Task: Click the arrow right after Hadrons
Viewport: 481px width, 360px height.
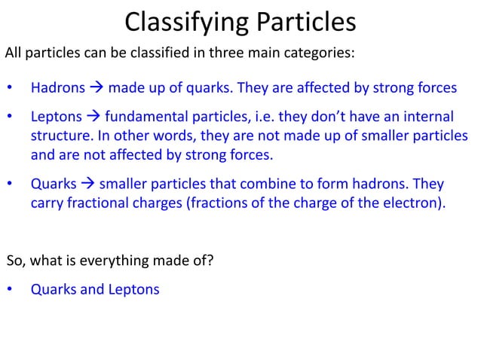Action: (97, 89)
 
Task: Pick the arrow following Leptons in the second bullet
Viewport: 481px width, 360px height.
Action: (93, 118)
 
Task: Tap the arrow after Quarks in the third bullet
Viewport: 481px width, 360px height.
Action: (87, 185)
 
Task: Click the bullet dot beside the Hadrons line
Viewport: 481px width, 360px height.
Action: (10, 89)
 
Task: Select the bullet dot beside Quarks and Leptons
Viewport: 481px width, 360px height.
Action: (10, 289)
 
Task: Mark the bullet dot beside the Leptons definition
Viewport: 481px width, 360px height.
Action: (10, 118)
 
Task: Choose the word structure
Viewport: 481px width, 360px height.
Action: (58, 138)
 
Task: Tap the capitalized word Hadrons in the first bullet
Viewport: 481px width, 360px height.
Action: (57, 89)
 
